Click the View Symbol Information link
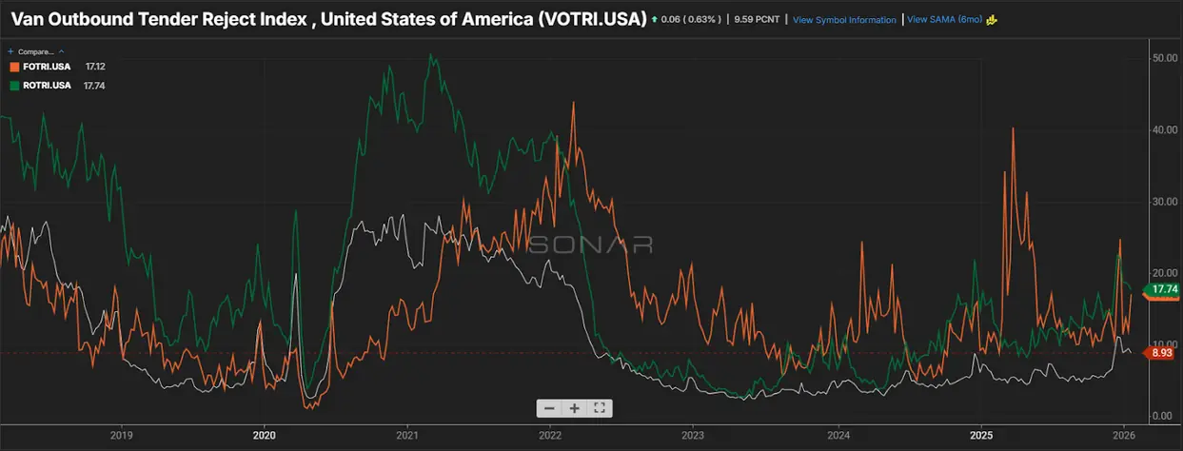[x=844, y=20]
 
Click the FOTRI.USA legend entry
[x=40, y=67]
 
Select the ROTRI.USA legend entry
[x=40, y=86]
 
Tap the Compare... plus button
[x=10, y=51]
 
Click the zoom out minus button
[x=549, y=408]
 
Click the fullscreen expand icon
[x=600, y=408]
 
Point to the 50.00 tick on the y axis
[x=1164, y=58]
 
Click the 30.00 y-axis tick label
[x=1164, y=202]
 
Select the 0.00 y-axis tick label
[x=1164, y=416]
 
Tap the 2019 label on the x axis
[x=121, y=435]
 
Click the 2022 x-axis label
[x=550, y=435]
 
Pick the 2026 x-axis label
[x=1124, y=435]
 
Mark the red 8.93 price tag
[x=1161, y=353]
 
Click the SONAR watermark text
[x=590, y=245]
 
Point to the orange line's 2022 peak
[x=573, y=103]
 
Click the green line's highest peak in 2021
[x=432, y=55]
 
